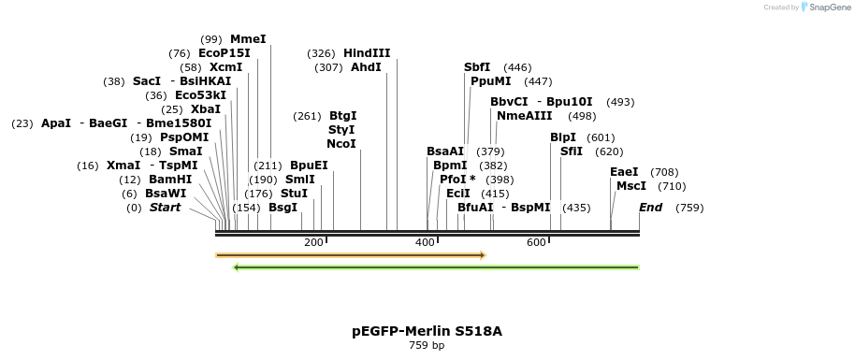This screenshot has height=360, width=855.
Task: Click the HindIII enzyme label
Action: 367,53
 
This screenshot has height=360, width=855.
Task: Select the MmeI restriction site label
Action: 248,39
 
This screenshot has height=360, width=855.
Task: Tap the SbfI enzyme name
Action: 477,67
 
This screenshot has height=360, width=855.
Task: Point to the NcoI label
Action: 341,144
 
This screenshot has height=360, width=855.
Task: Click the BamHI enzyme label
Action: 170,180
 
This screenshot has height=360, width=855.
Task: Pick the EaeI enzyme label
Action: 624,172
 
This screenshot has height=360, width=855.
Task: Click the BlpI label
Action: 563,137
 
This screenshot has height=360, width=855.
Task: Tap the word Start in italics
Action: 165,208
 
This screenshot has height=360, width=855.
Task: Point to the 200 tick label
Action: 313,243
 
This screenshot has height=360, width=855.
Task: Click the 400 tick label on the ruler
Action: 425,243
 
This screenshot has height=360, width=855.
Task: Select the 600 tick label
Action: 536,243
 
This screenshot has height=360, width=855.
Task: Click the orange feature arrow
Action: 350,254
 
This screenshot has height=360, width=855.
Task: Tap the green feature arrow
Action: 436,267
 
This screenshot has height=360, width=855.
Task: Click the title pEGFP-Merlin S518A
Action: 427,331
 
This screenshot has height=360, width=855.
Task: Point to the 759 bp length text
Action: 427,346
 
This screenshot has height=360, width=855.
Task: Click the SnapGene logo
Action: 825,7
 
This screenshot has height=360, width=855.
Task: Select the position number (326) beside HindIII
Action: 322,53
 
